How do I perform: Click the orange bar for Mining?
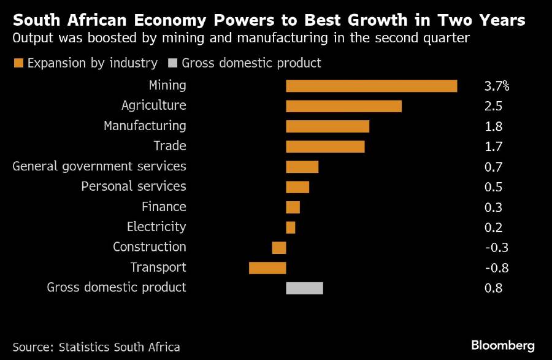[371, 86]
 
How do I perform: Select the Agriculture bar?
[343, 106]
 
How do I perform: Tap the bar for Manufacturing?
[328, 126]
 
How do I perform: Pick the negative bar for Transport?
[267, 268]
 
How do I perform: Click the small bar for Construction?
[279, 248]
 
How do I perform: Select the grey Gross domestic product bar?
[304, 288]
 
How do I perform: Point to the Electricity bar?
[291, 228]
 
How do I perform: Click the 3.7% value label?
[497, 86]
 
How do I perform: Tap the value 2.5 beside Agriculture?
[493, 106]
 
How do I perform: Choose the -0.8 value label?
[496, 268]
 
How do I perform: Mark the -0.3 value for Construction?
[496, 248]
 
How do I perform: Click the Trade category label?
[170, 146]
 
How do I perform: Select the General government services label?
[99, 166]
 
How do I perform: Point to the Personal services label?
[134, 186]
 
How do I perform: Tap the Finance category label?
[164, 207]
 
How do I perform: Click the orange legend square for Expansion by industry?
[18, 63]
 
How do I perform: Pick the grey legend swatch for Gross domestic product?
[172, 63]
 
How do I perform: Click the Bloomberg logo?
[503, 345]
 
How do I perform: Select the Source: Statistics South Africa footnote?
[96, 347]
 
